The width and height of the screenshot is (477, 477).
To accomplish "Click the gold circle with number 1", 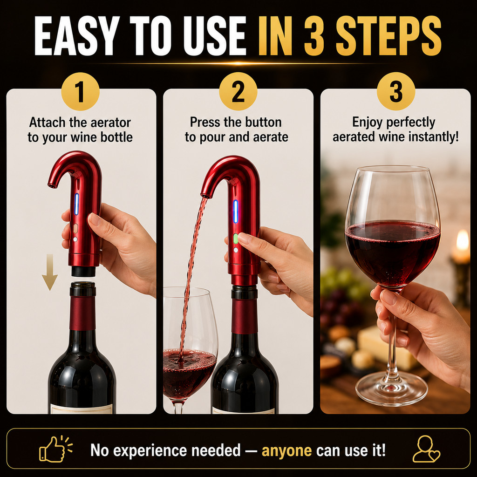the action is pyautogui.click(x=80, y=91).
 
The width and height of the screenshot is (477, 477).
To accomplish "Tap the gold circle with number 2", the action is pyautogui.click(x=238, y=91).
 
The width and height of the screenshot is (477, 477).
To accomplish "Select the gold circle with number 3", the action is pyautogui.click(x=396, y=91).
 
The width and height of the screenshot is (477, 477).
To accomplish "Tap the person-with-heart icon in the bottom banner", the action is pyautogui.click(x=426, y=449).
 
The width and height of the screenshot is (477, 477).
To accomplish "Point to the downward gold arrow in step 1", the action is pyautogui.click(x=49, y=272).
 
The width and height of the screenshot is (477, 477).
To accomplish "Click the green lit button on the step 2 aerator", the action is pyautogui.click(x=235, y=238).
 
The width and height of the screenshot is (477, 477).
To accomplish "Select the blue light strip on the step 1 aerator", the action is pyautogui.click(x=77, y=204).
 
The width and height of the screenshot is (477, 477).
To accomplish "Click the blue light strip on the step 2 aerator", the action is pyautogui.click(x=235, y=211).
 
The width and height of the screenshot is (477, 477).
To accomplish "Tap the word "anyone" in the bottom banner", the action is pyautogui.click(x=286, y=450).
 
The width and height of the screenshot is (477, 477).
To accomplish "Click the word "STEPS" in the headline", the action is pyautogui.click(x=388, y=35).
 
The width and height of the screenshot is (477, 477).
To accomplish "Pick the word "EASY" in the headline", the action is pyautogui.click(x=76, y=35).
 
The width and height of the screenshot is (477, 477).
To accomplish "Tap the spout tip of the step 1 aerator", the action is pyautogui.click(x=52, y=184).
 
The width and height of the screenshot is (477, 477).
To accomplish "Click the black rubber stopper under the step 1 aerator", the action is pyautogui.click(x=83, y=271).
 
